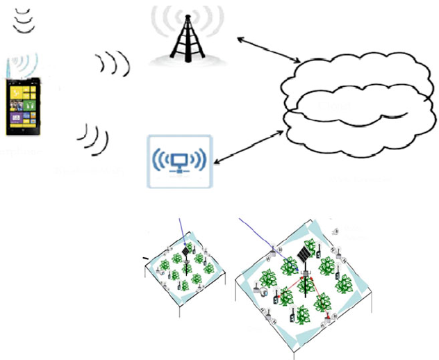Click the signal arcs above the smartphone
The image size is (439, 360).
point(25,19)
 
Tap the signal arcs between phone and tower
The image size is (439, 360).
point(115,64)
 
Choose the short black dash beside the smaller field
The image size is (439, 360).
point(145,259)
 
